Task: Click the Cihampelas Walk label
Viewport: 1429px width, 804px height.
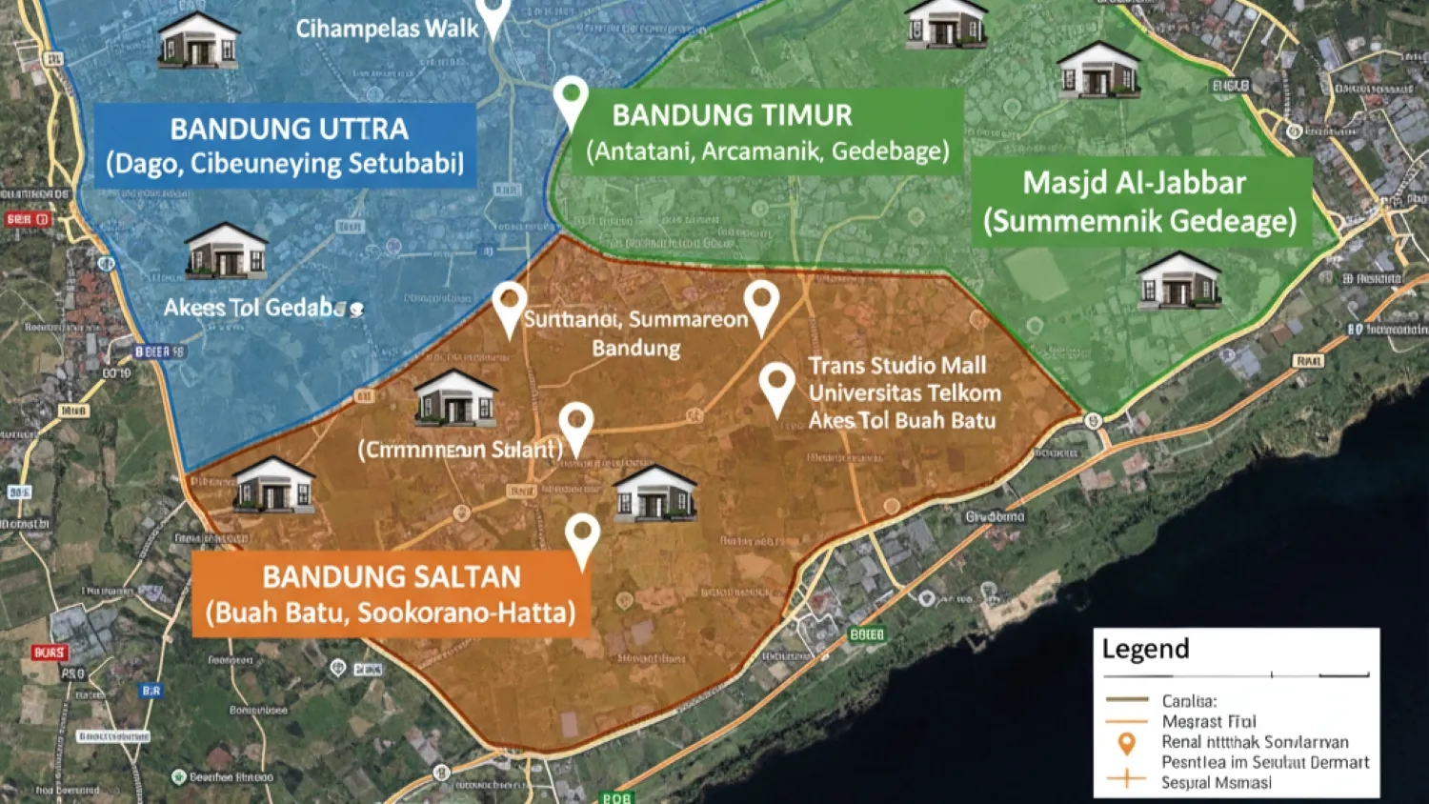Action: click(x=387, y=29)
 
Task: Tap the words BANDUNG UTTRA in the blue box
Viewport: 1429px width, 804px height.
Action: click(x=289, y=129)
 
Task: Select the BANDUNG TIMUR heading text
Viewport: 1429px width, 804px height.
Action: click(x=732, y=115)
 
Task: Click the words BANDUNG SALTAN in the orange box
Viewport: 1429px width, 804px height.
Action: click(x=392, y=576)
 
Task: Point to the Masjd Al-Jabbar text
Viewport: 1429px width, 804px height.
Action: click(x=1134, y=182)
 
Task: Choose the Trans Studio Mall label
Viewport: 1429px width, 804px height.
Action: click(x=897, y=366)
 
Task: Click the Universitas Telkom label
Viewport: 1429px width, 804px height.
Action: click(x=905, y=392)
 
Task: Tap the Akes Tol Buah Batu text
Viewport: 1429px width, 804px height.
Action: click(x=902, y=420)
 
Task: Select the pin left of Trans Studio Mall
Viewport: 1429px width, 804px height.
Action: click(x=777, y=386)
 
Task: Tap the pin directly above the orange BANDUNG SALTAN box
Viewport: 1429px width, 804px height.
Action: click(x=582, y=537)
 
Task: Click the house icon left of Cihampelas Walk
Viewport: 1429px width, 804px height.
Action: click(x=198, y=40)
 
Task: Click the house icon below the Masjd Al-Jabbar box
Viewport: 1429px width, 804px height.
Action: click(x=1178, y=280)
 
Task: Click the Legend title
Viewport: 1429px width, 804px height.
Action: click(x=1145, y=649)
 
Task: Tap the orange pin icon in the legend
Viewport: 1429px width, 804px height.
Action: click(x=1126, y=744)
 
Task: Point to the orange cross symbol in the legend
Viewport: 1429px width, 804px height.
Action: click(x=1126, y=780)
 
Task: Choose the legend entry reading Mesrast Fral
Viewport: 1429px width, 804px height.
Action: click(x=1208, y=721)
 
